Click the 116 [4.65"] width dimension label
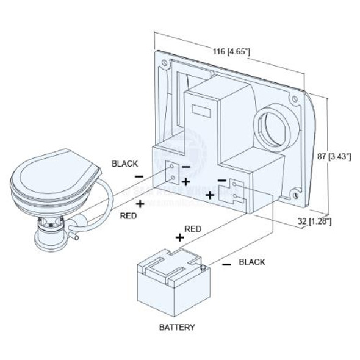[231, 52]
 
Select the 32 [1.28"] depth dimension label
[314, 221]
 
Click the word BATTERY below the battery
[177, 327]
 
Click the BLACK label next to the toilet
[124, 164]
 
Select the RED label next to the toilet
[128, 215]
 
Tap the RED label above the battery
[193, 229]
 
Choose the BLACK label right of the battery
[252, 262]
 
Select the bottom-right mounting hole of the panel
[296, 195]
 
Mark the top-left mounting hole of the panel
[162, 61]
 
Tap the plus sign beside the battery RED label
[180, 237]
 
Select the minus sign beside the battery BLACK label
[226, 264]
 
